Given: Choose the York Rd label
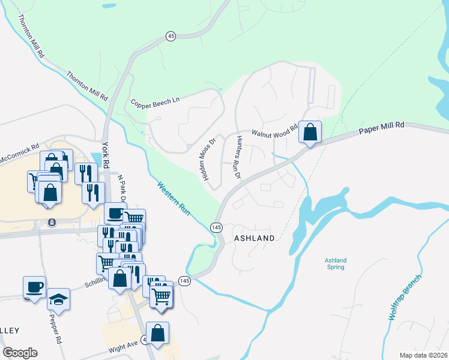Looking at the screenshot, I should tap(105, 154).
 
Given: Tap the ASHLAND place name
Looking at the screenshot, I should tap(254, 238).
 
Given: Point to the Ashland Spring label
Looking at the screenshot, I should tap(336, 263).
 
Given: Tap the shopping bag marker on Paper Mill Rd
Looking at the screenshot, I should tap(310, 133).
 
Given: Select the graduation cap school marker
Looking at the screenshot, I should tap(58, 298).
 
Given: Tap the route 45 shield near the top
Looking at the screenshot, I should tap(171, 37).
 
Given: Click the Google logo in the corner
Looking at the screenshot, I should tap(19, 352).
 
